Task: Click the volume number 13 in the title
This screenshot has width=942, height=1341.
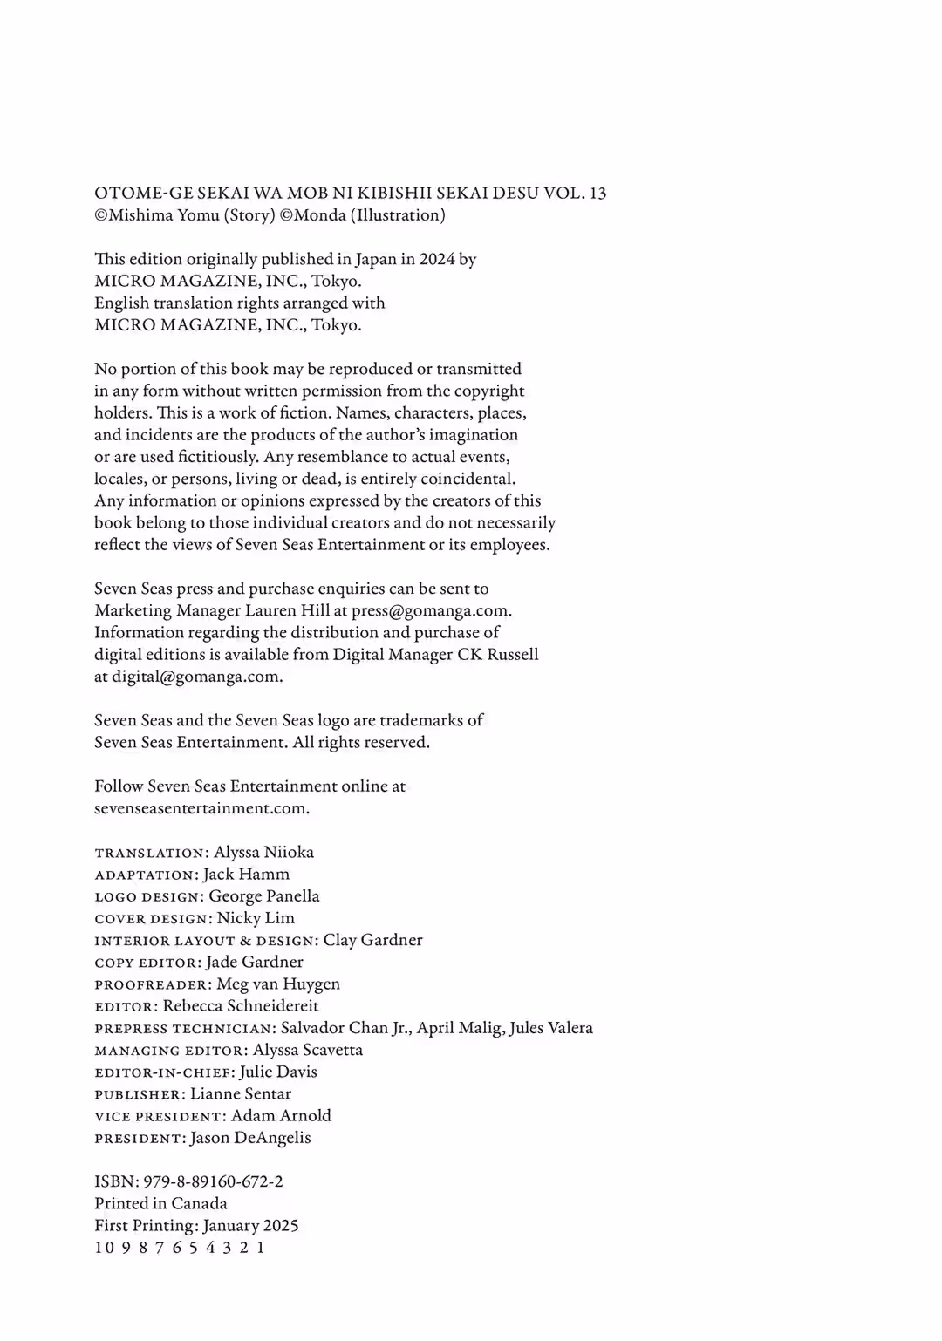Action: click(x=597, y=194)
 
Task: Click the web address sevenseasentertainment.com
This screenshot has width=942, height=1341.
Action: click(x=201, y=807)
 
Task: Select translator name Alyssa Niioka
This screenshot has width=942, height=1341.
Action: click(x=263, y=852)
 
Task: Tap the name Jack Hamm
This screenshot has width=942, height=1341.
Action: click(x=246, y=874)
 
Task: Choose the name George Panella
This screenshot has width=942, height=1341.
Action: click(x=263, y=895)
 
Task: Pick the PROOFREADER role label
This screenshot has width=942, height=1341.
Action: click(x=153, y=984)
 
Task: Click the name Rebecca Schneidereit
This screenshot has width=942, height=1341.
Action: click(x=241, y=1005)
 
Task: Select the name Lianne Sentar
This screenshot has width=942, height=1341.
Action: click(x=241, y=1093)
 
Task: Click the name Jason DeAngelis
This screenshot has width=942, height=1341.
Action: click(x=250, y=1137)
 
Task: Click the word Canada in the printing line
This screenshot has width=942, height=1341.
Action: click(x=199, y=1203)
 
